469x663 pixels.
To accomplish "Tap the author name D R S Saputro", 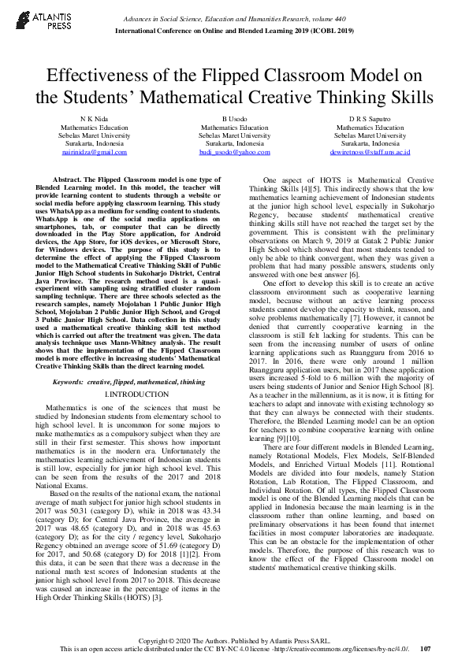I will pos(371,119).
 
